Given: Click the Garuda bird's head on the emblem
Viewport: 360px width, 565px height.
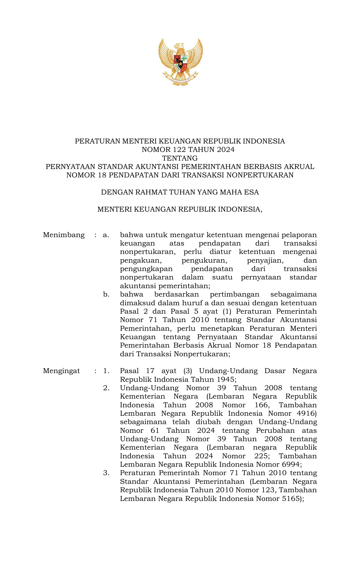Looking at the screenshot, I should pyautogui.click(x=179, y=46).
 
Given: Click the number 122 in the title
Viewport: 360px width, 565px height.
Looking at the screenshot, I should pyautogui.click(x=180, y=150).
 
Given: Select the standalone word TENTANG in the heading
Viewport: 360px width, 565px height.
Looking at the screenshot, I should pyautogui.click(x=180, y=158).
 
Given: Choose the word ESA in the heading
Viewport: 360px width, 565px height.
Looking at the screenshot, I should pyautogui.click(x=252, y=192).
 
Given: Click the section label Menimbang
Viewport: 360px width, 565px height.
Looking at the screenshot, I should pyautogui.click(x=64, y=235).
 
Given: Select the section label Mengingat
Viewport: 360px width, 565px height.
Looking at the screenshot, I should pyautogui.click(x=61, y=371).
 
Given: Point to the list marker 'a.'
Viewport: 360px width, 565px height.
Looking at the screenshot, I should pyautogui.click(x=106, y=235).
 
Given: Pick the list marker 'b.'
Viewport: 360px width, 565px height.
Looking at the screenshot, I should pyautogui.click(x=106, y=295).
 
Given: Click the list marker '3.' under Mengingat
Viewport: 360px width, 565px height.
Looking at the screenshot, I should pyautogui.click(x=106, y=473).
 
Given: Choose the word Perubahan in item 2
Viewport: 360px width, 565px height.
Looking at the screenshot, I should pyautogui.click(x=275, y=430).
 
